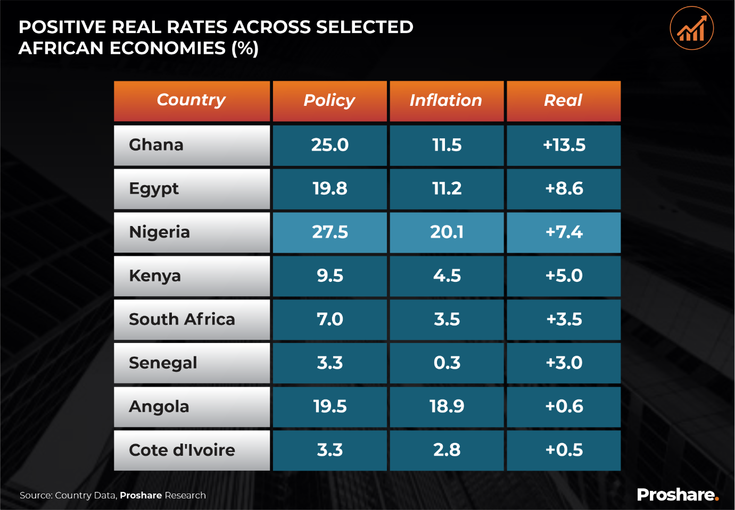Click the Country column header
point(192,100)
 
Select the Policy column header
point(329,100)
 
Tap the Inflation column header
point(446,100)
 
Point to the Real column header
point(563,100)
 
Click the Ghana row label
point(156,145)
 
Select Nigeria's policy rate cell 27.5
point(330,232)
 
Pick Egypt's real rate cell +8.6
point(564,188)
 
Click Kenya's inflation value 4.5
point(447,275)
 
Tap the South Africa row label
point(182,319)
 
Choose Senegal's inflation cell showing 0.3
point(447,363)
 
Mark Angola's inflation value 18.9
point(447,406)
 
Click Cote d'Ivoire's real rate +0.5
point(564,450)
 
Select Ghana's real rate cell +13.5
point(564,145)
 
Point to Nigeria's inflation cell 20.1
point(447,232)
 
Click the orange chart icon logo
point(691,28)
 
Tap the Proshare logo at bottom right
point(678,495)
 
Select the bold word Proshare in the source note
point(141,495)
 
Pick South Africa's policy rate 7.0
point(330,319)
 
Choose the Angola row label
point(159,406)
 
